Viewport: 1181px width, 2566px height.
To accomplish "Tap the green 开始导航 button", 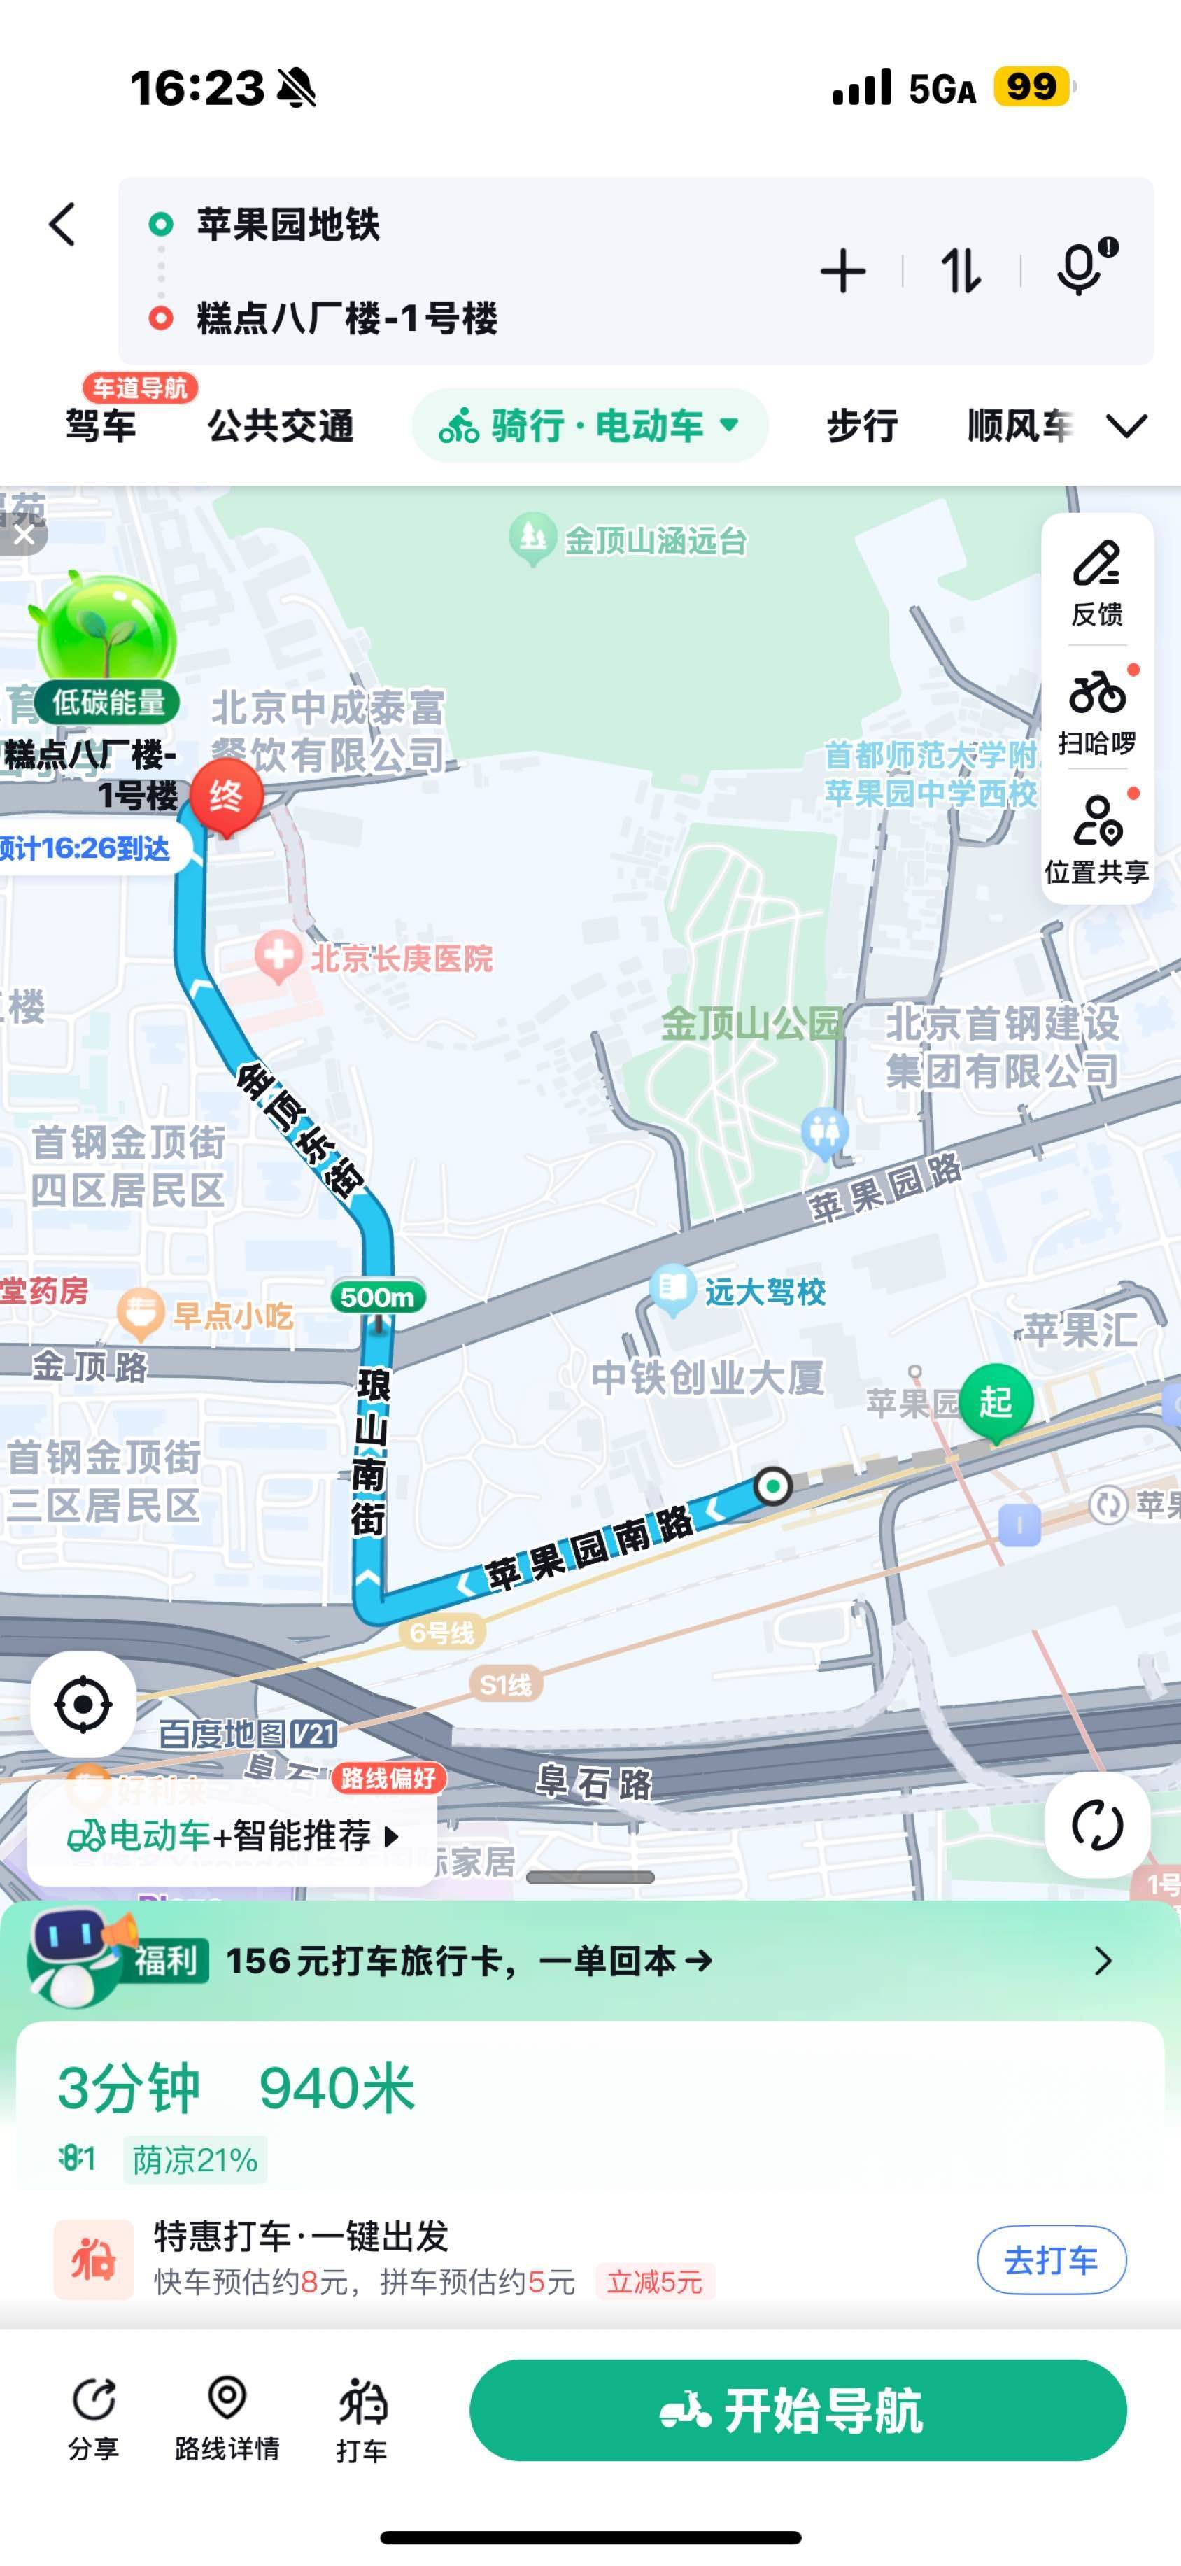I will (798, 2411).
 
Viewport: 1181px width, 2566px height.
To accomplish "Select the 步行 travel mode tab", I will (861, 426).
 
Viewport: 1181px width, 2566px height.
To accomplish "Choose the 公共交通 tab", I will (280, 426).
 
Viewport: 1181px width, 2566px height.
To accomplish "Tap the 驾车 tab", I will (101, 426).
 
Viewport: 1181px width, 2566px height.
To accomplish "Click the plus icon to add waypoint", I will (842, 271).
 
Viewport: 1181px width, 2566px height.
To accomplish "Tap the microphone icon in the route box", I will (1080, 269).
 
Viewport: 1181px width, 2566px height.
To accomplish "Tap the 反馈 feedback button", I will (1096, 581).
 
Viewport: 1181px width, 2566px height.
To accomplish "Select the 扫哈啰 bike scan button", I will (1096, 711).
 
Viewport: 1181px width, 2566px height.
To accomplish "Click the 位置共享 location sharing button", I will (1096, 840).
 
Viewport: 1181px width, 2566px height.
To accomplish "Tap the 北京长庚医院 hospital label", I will (400, 958).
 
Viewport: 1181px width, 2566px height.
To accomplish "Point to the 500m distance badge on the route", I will (377, 1297).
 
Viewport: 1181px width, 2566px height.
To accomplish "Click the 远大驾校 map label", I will (764, 1292).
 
